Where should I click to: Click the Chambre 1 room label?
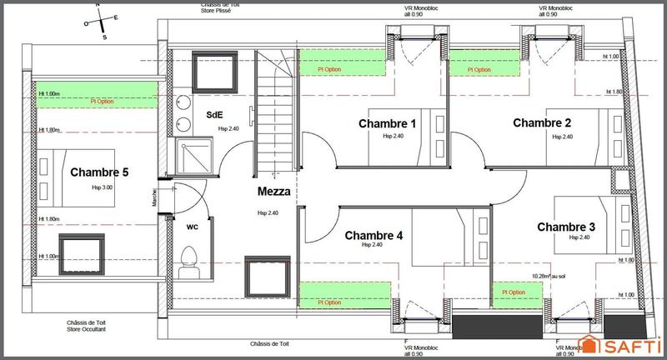[387, 123]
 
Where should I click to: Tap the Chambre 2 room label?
[542, 123]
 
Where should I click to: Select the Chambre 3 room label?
[566, 227]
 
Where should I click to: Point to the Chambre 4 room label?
[374, 236]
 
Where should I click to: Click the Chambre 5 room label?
[99, 173]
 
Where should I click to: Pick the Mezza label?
[274, 191]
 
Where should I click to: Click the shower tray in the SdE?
[194, 153]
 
